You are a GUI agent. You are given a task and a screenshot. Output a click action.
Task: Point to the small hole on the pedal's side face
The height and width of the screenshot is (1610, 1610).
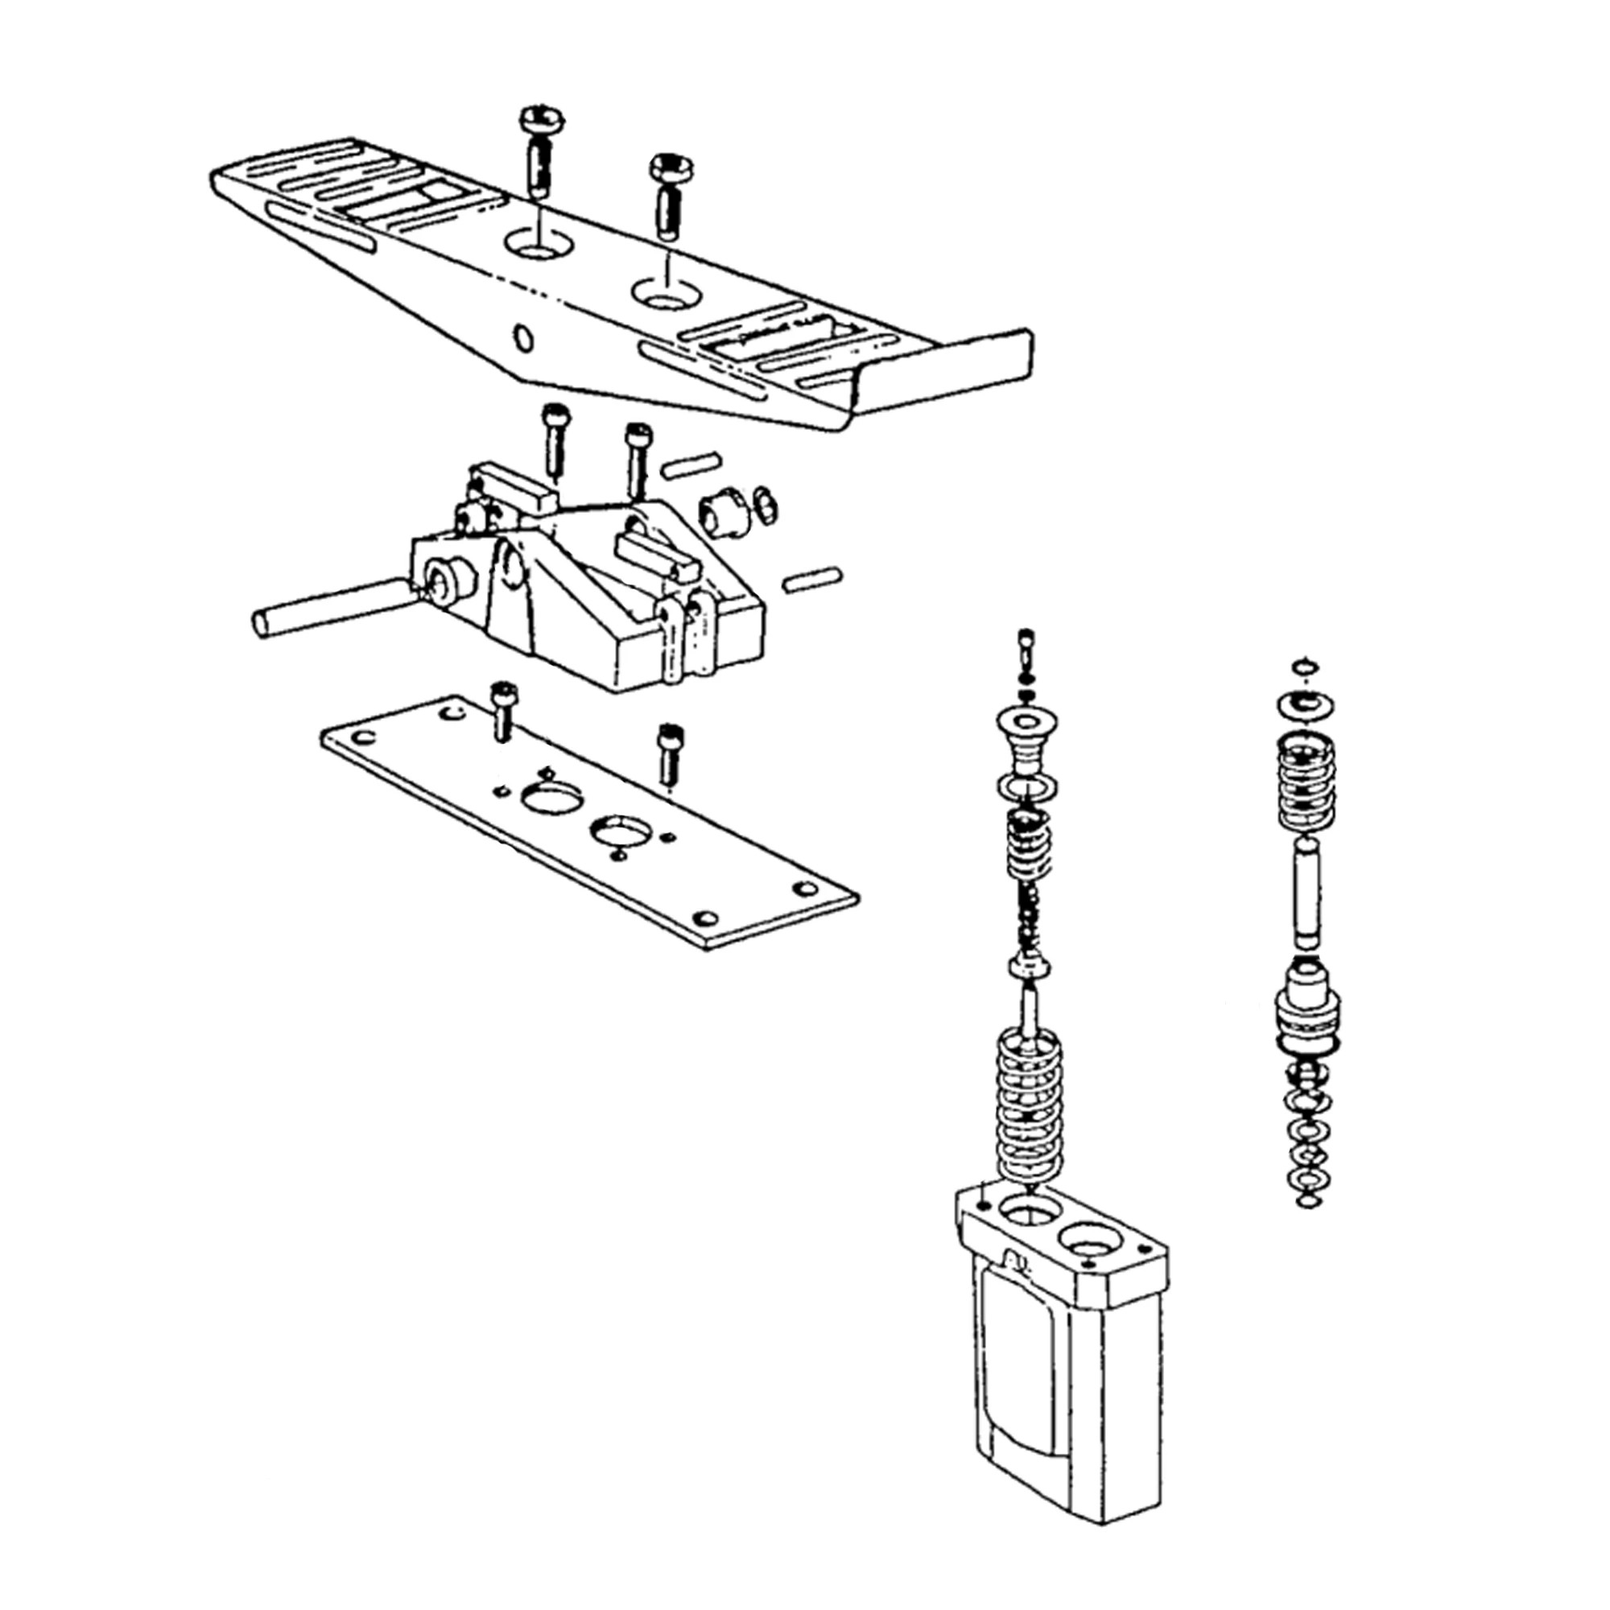click(x=523, y=338)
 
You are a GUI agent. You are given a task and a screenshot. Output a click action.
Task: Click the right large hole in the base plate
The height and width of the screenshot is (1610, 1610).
click(x=621, y=830)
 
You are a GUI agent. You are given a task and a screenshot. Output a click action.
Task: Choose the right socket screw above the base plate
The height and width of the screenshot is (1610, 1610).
click(x=668, y=751)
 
